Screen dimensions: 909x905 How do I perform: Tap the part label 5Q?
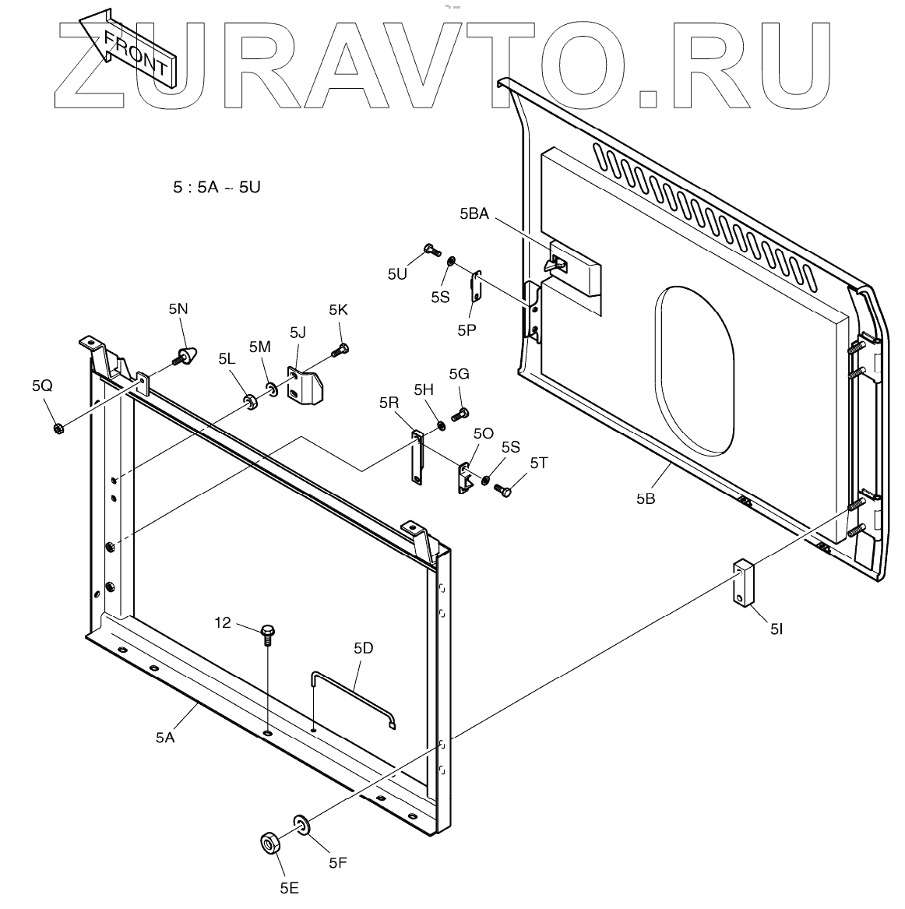coord(42,385)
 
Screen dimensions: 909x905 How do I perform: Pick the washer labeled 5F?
coord(301,823)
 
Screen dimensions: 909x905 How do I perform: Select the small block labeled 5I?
coord(744,583)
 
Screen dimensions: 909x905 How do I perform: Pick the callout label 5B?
coord(646,499)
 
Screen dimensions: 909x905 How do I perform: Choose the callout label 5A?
coord(165,737)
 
